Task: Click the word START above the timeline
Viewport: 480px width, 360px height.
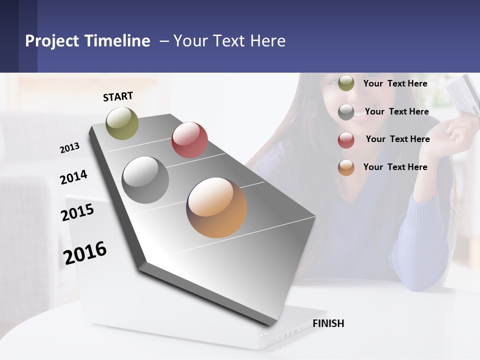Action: tap(118, 96)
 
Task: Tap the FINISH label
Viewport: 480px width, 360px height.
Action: tap(328, 323)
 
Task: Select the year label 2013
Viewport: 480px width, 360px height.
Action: tap(70, 147)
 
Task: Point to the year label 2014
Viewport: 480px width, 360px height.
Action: tap(73, 177)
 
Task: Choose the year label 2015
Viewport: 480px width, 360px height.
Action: tap(77, 212)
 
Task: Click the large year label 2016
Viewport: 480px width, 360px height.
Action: tap(85, 252)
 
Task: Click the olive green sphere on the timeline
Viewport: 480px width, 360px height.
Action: tap(122, 123)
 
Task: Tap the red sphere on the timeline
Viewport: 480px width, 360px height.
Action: tap(189, 139)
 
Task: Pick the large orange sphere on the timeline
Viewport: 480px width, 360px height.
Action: tap(216, 207)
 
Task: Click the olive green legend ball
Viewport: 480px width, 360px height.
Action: tap(346, 83)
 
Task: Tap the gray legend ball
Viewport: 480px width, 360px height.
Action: tap(346, 112)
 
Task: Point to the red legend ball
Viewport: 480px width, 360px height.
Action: tap(346, 140)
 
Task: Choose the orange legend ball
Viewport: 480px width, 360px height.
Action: tap(346, 167)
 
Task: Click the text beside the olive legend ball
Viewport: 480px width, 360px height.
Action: tap(395, 83)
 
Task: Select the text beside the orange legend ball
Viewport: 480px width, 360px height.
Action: tap(395, 167)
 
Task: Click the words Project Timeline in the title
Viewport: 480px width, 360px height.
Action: tap(87, 41)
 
